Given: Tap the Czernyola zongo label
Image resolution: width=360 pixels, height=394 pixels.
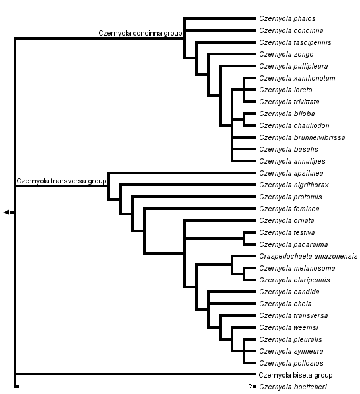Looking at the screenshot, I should [286, 55].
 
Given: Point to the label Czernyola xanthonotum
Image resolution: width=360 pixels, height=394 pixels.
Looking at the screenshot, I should [297, 79].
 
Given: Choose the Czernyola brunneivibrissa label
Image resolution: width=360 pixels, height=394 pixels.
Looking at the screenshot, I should [302, 138].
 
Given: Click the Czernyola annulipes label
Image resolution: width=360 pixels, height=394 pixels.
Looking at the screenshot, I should [292, 162].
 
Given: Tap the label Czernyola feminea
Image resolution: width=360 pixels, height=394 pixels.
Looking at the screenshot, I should [289, 209].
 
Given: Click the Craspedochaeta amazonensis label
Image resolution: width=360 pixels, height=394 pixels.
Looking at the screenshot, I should [308, 257].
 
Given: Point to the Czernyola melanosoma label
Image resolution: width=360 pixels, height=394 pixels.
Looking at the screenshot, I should [297, 269].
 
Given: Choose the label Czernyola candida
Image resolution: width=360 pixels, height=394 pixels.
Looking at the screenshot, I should [289, 292].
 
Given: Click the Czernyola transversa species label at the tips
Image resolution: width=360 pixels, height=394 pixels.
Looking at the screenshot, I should [293, 316].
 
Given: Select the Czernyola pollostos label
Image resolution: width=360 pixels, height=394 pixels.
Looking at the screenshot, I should [291, 364].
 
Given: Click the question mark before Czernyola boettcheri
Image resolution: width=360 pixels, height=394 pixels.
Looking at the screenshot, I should [251, 387].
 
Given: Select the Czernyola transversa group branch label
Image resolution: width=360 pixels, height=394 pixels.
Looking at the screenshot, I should [61, 181].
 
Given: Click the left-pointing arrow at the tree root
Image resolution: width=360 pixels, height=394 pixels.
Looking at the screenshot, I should [7, 212].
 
